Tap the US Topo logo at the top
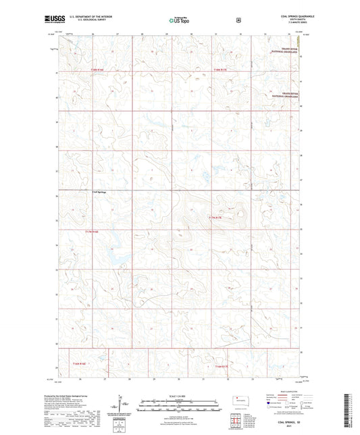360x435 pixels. tap(176, 20)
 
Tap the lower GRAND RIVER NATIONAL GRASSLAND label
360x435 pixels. tap(286, 96)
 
